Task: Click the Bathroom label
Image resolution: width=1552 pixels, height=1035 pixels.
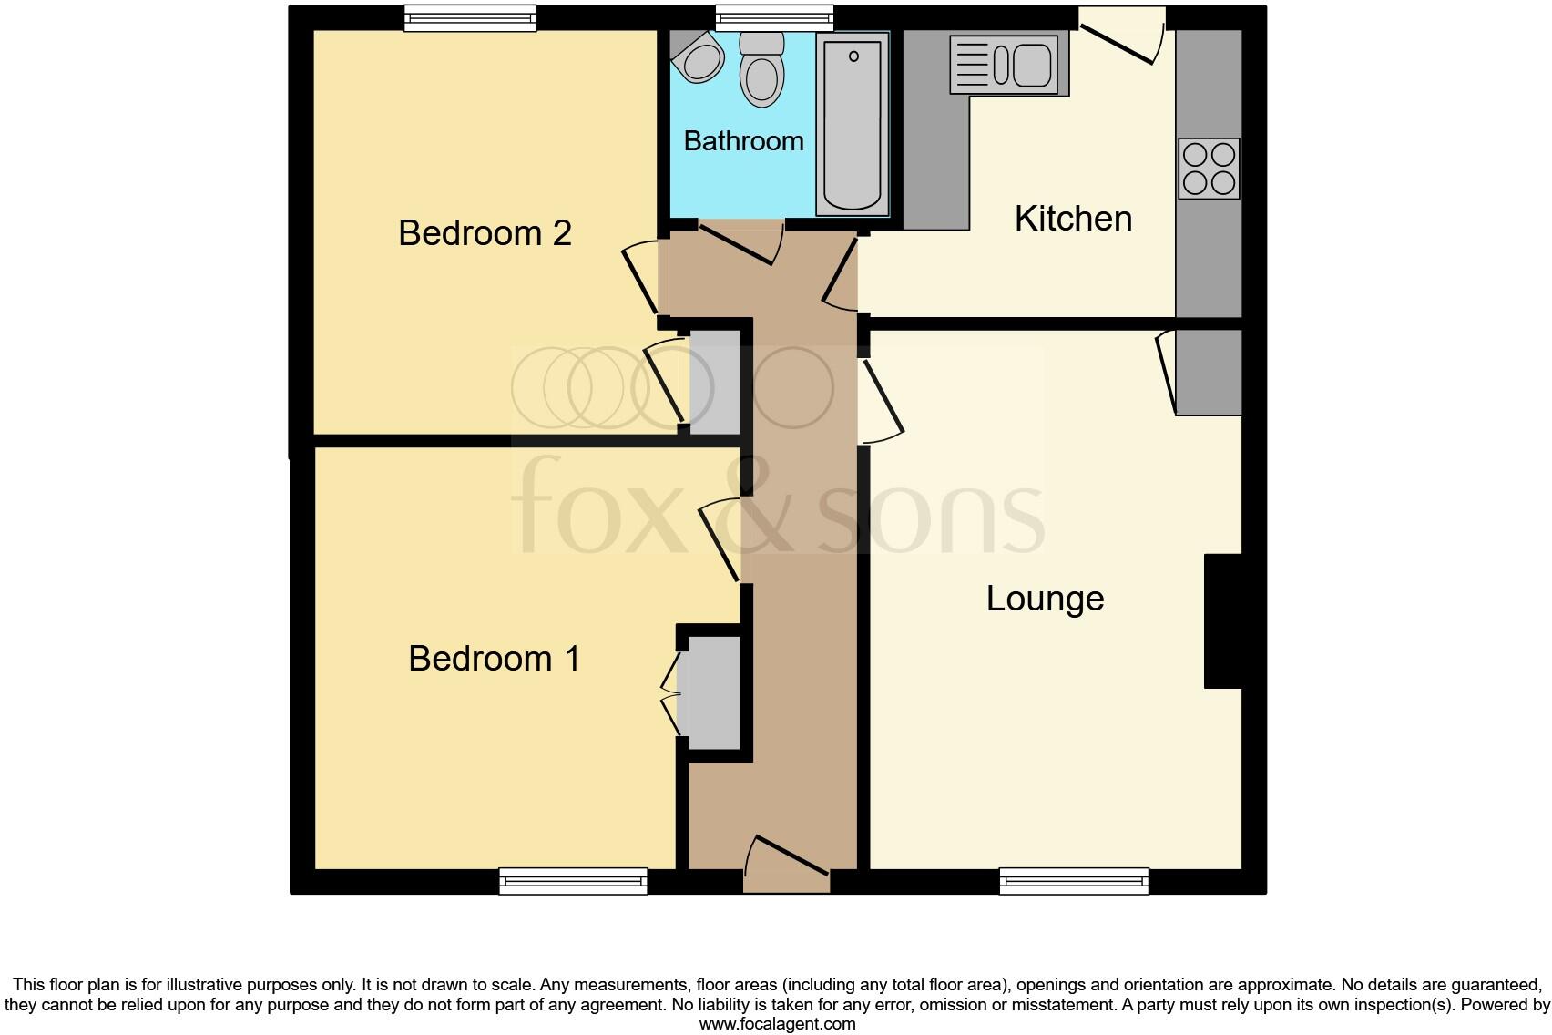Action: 743,141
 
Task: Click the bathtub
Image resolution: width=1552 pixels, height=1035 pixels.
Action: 853,125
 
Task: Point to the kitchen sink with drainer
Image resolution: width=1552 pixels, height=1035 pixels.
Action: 1008,65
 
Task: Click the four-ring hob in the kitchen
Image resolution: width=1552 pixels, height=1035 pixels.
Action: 1209,169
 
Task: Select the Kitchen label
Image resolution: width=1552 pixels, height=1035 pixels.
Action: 1073,219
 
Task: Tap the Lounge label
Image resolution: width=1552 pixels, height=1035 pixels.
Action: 1045,599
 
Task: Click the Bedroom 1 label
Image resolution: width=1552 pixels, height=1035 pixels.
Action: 494,658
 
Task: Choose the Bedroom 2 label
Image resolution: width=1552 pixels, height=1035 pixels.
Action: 485,233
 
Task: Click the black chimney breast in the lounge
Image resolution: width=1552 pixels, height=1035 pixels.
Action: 1223,620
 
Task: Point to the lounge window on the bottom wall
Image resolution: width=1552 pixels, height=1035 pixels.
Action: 1074,880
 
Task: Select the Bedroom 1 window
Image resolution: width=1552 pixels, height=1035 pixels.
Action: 573,880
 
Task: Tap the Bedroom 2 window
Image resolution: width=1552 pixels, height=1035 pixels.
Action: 470,17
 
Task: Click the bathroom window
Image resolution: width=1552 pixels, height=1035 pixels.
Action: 774,17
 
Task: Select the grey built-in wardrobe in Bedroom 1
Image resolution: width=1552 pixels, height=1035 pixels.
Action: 714,692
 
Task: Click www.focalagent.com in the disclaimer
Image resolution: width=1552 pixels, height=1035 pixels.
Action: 777,1024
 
